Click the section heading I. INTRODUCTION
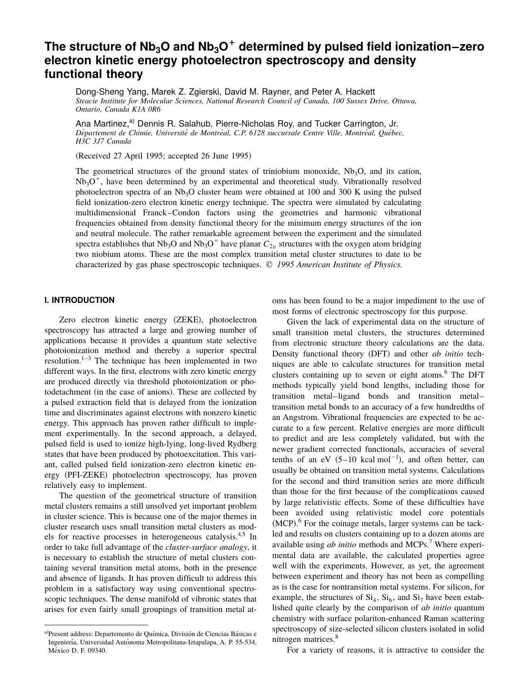[x=79, y=300]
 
